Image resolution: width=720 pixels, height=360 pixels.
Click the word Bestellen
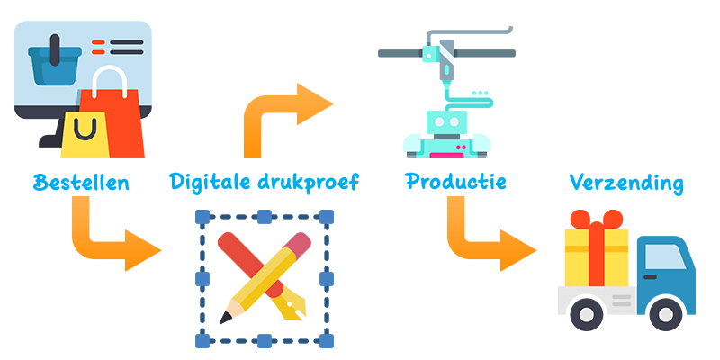click(82, 183)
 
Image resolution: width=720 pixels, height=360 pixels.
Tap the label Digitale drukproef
click(264, 183)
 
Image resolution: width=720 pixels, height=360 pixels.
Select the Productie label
click(455, 182)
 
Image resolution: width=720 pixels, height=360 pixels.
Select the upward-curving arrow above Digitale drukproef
click(283, 112)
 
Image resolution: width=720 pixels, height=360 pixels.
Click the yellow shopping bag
click(83, 133)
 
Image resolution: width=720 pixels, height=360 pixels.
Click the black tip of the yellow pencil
click(224, 318)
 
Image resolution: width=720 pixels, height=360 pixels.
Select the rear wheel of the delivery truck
click(589, 313)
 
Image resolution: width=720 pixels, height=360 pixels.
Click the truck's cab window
click(662, 258)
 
